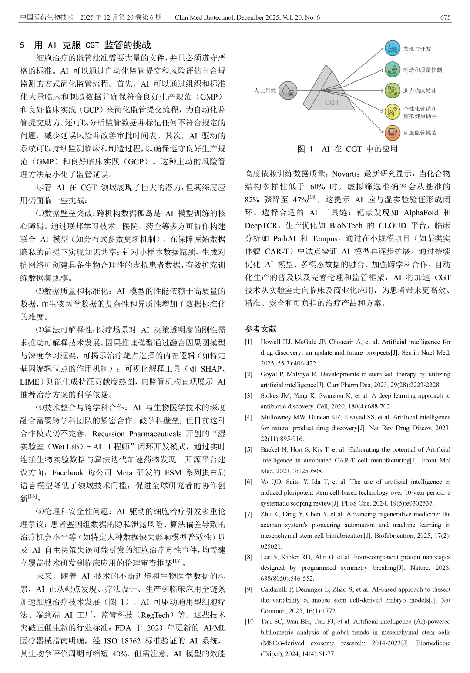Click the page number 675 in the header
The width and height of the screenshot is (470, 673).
(x=445, y=17)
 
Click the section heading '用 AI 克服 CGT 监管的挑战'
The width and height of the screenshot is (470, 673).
(x=92, y=45)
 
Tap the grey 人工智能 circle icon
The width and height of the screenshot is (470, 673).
(x=288, y=90)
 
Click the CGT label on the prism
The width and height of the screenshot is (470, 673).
(x=332, y=103)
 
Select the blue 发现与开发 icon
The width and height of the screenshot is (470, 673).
(x=392, y=49)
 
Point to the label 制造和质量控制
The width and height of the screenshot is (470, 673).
(x=422, y=70)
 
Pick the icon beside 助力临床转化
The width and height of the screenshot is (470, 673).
(x=392, y=90)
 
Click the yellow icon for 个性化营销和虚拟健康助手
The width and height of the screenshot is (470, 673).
(x=392, y=112)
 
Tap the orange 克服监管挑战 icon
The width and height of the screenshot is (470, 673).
(x=392, y=133)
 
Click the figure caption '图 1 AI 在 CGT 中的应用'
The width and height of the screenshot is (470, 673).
(x=347, y=149)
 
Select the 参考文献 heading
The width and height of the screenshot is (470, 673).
(x=261, y=329)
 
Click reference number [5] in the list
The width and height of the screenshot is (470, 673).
(x=248, y=449)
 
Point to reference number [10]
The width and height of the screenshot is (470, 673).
(x=250, y=622)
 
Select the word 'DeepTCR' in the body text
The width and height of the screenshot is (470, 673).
(x=262, y=226)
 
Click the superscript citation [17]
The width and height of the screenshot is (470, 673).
(x=177, y=561)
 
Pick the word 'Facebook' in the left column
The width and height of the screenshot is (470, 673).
(x=67, y=473)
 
